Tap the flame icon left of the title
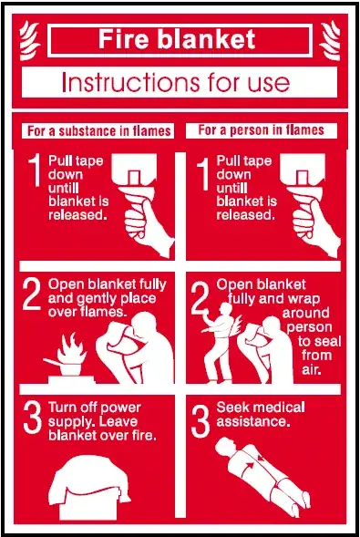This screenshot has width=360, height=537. [x=29, y=40]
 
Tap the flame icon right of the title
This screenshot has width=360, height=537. [x=330, y=40]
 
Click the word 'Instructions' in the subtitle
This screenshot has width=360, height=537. [x=130, y=82]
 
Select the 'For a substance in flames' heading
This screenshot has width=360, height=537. [x=99, y=131]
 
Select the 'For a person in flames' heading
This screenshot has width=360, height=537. [x=261, y=130]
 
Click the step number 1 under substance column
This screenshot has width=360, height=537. [x=35, y=170]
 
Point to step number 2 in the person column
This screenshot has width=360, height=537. [x=200, y=297]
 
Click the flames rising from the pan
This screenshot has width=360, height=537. [x=71, y=347]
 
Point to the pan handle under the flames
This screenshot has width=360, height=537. [x=52, y=362]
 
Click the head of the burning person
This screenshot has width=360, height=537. [x=226, y=309]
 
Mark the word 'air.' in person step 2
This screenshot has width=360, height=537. [x=311, y=370]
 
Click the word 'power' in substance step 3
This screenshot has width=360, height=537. [x=121, y=408]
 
